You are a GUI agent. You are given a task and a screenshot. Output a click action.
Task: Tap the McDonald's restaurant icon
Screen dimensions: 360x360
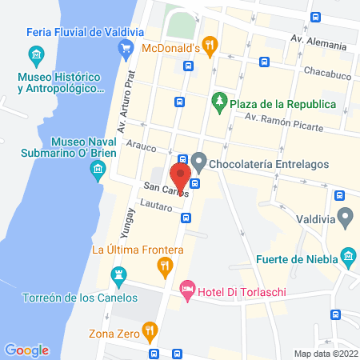click(x=210, y=46)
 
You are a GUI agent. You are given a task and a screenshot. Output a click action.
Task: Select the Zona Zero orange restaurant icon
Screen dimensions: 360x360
click(x=149, y=330)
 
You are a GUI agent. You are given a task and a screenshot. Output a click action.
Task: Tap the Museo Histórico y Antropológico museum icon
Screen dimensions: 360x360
click(x=36, y=56)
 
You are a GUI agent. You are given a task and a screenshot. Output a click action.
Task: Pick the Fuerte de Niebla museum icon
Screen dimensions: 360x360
click(x=348, y=257)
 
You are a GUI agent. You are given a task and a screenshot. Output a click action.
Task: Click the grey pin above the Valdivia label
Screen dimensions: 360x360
click(x=346, y=216)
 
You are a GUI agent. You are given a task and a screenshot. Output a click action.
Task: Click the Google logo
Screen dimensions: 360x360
click(x=27, y=350)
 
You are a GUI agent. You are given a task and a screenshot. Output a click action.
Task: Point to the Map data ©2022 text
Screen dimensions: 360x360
click(x=324, y=353)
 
